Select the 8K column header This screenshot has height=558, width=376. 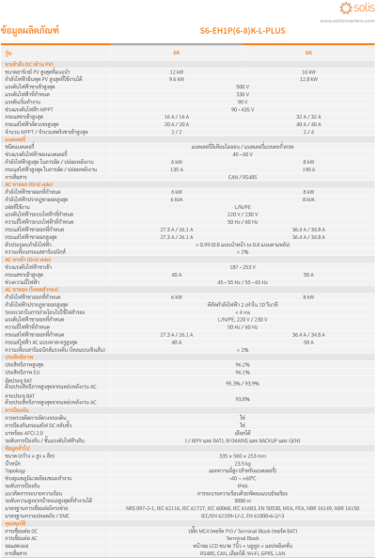click(308, 52)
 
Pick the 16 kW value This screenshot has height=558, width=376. click(308, 71)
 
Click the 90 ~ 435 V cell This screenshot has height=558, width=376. click(243, 110)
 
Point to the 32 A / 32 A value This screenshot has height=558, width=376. click(308, 116)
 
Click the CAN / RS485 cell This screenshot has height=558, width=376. click(243, 175)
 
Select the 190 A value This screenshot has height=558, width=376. click(308, 168)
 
